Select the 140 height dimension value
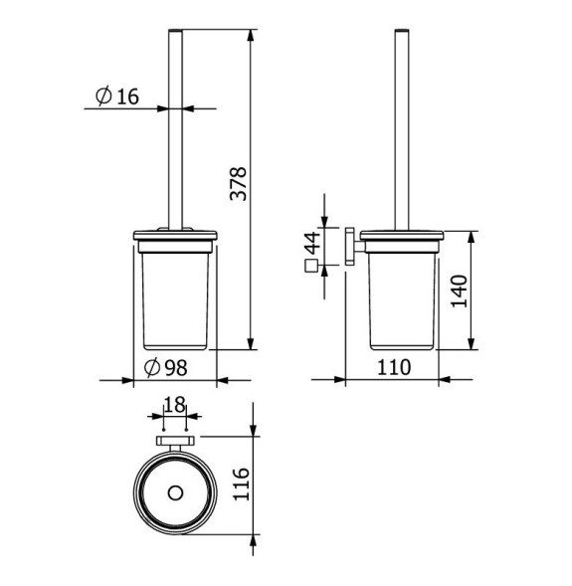[459, 292]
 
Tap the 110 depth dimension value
[394, 366]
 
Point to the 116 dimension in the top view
[240, 485]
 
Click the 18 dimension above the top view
[174, 405]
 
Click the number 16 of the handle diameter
[127, 96]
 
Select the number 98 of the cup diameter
[177, 367]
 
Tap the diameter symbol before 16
[103, 96]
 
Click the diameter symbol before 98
[152, 367]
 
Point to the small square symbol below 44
[310, 267]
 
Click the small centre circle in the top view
[175, 493]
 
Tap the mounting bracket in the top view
[175, 442]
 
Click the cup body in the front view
[175, 298]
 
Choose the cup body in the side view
[402, 298]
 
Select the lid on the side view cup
[402, 236]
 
